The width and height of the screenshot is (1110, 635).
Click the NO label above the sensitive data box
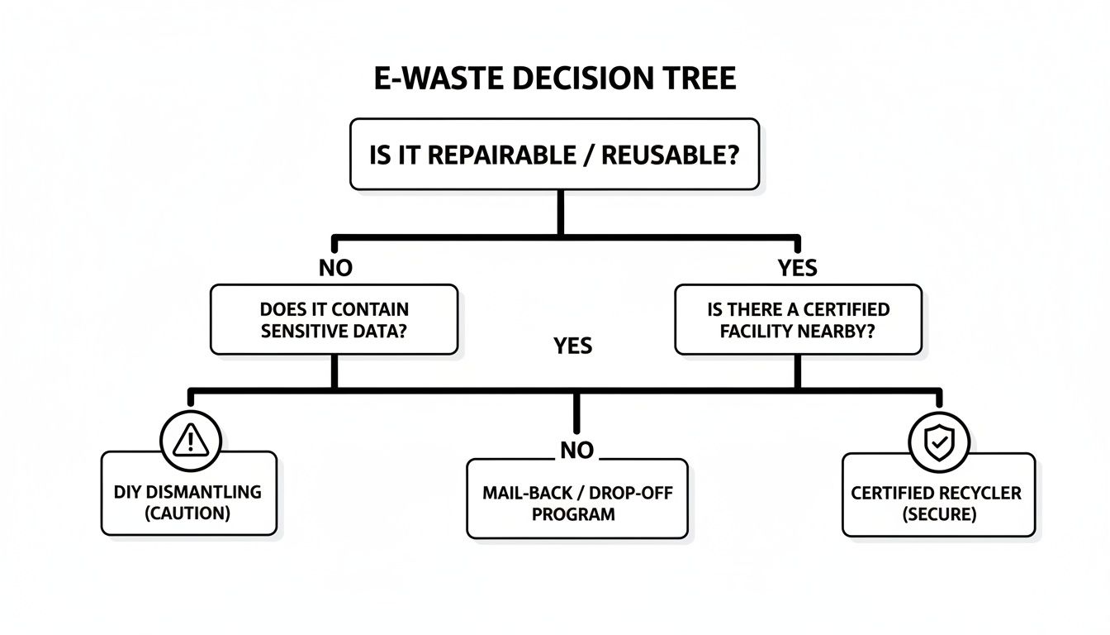point(335,268)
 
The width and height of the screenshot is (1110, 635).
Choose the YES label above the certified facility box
point(798,268)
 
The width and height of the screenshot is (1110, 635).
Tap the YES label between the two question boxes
point(573,345)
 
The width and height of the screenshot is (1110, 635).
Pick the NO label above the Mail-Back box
point(577,450)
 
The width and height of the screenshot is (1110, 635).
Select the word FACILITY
point(756,332)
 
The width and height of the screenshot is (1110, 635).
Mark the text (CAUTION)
point(189,513)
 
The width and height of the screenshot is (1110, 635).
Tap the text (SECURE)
point(938,513)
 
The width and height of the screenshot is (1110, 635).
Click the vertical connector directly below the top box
point(562,213)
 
